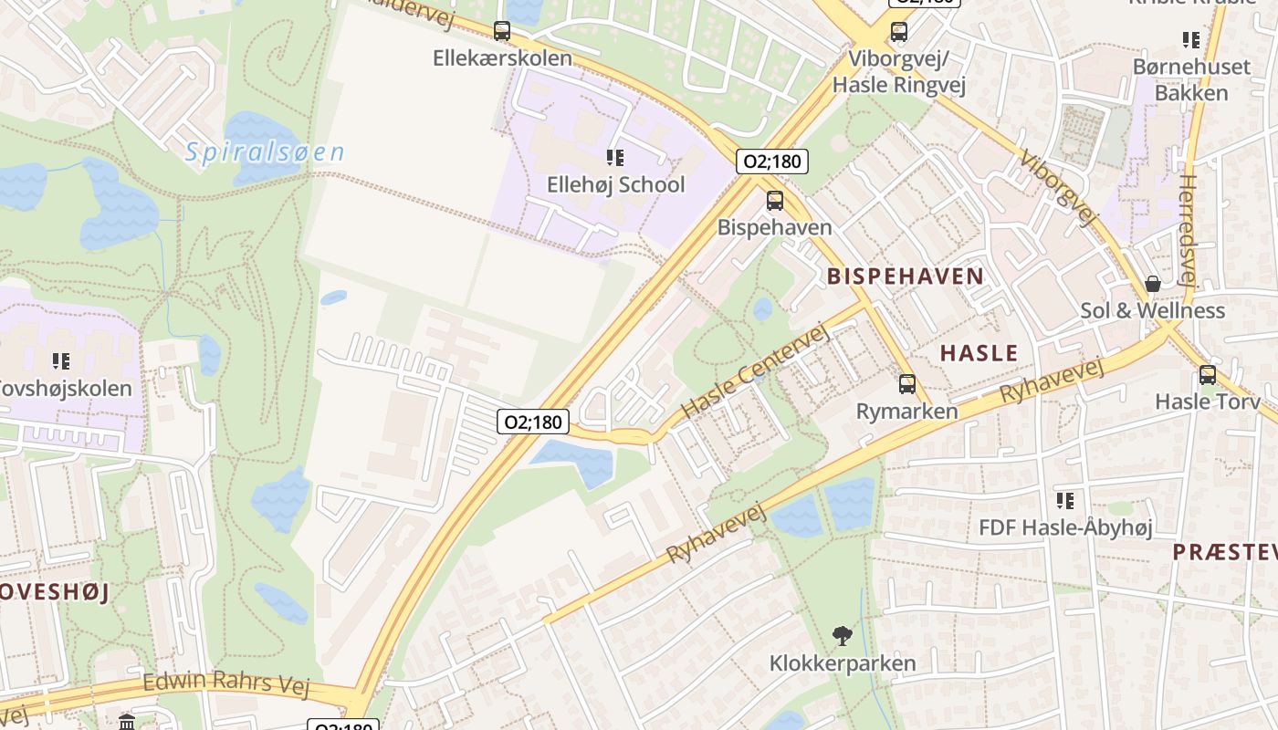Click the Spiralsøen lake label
[265, 151]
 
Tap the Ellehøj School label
[615, 184]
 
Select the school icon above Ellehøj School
[615, 158]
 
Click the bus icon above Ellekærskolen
[502, 31]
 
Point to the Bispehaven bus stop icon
[775, 201]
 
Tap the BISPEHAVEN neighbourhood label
[906, 276]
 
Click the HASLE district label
[979, 352]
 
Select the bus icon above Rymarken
[906, 384]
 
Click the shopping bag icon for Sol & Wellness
[1153, 284]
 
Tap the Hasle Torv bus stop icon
[1208, 375]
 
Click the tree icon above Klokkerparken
[843, 636]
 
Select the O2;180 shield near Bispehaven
[771, 162]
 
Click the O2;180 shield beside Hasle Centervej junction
[534, 422]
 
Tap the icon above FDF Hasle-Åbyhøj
[1065, 501]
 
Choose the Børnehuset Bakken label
[1191, 79]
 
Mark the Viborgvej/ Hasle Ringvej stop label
[899, 71]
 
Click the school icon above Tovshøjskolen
[61, 361]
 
